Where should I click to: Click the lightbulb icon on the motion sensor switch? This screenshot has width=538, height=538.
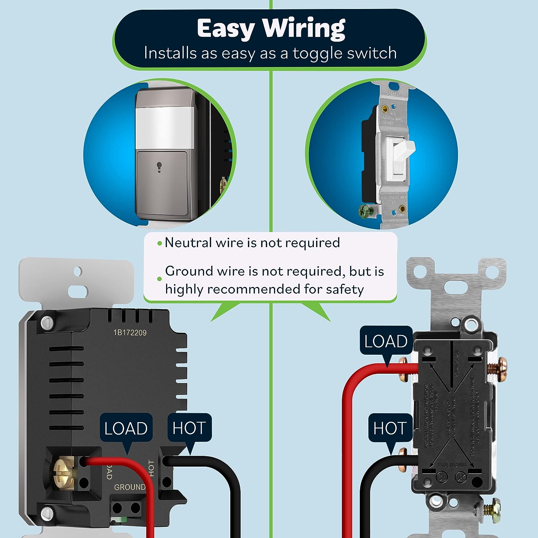pos(159,167)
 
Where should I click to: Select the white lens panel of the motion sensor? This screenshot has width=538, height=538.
pos(164,128)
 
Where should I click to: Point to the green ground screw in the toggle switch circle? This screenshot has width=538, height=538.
pos(365,211)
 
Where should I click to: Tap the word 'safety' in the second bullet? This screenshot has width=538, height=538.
pos(345,289)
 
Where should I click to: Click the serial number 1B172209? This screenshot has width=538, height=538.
pos(130,333)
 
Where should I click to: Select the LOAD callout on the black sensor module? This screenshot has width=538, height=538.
pos(126,428)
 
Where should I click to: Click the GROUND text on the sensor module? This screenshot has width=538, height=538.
pos(129,487)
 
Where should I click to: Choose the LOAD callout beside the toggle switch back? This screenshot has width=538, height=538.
pos(386,341)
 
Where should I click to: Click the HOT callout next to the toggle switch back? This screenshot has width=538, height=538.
pos(390,428)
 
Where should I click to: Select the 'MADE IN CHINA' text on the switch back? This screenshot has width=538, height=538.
pos(452,465)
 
